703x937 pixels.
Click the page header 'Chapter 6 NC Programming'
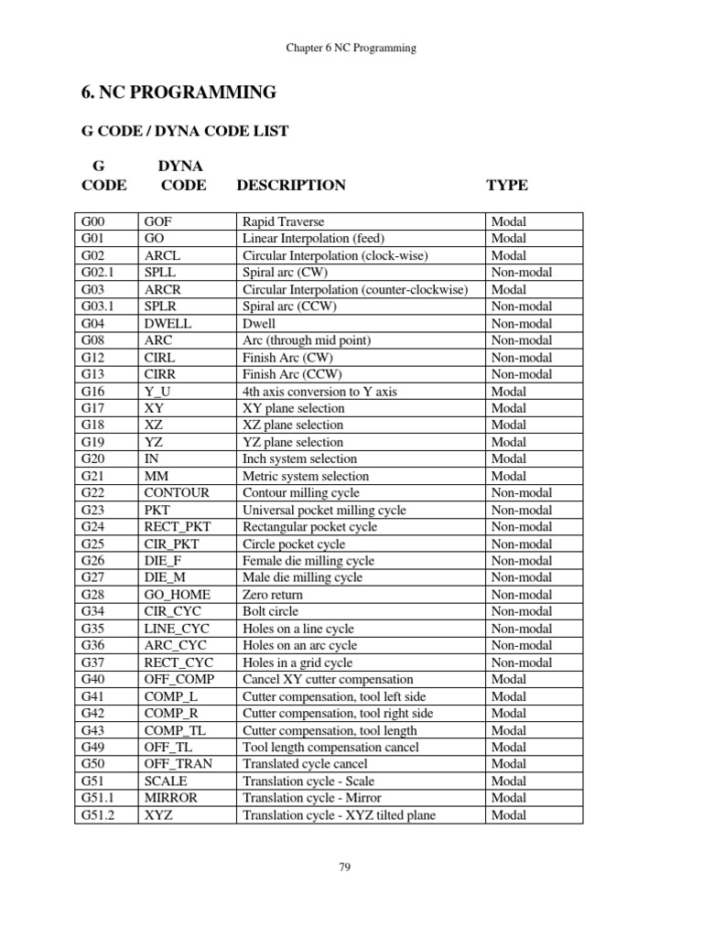click(351, 48)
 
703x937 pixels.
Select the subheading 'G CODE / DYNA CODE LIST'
click(185, 131)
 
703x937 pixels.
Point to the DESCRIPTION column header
click(291, 185)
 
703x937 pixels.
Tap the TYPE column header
click(506, 185)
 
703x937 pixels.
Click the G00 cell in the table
click(92, 221)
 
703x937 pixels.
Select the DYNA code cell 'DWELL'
click(165, 323)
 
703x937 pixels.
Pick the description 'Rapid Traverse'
click(283, 221)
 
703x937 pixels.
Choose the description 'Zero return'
click(272, 594)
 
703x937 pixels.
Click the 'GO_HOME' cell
click(175, 594)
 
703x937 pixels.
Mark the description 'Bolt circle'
click(272, 611)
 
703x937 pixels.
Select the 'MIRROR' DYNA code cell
click(170, 797)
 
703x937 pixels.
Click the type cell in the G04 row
click(522, 323)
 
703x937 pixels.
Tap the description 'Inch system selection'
click(299, 458)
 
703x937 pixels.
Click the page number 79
click(345, 867)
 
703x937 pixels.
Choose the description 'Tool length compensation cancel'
click(330, 747)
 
